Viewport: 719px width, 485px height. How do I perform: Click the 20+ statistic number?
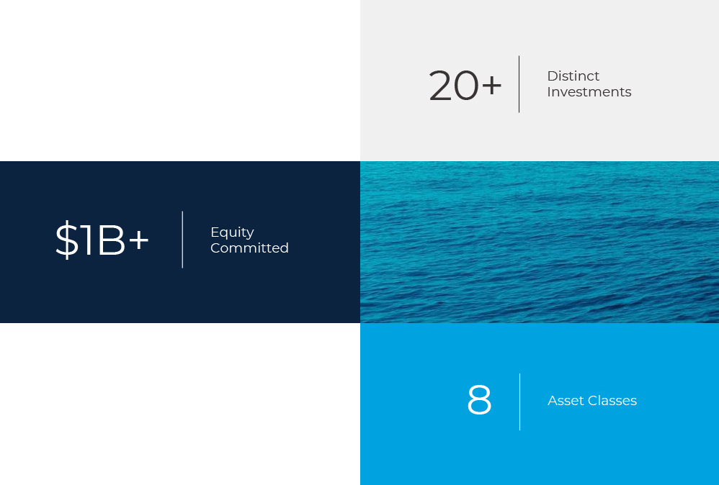click(x=465, y=85)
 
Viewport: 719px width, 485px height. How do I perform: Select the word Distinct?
click(x=573, y=76)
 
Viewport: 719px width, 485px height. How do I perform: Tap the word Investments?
click(x=589, y=92)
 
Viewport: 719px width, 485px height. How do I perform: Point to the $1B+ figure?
click(x=102, y=240)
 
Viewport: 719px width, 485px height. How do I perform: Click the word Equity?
click(x=232, y=232)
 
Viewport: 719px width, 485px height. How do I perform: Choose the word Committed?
click(x=249, y=248)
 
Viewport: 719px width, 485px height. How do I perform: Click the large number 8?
click(x=479, y=400)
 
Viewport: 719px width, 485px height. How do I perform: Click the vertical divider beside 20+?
click(x=519, y=84)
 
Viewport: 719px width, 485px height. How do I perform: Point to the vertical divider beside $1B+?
click(x=182, y=240)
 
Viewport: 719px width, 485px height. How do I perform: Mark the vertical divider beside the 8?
click(x=519, y=402)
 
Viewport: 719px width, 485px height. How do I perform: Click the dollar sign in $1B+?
click(x=67, y=240)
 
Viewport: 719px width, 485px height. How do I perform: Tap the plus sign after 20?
click(x=491, y=85)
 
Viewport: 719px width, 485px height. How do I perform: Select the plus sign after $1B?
click(x=138, y=240)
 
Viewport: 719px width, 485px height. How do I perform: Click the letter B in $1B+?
click(x=110, y=240)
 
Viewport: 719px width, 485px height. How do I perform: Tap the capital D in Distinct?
click(x=553, y=76)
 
